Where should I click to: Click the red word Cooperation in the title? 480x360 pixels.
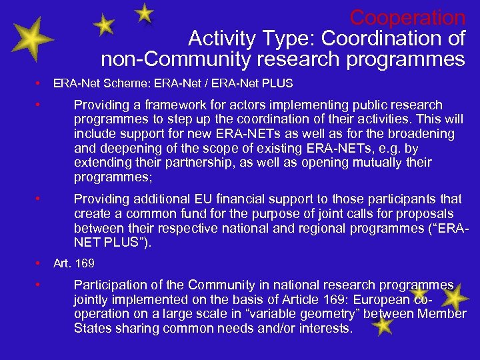pos(407,17)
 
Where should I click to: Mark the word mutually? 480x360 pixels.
pos(370,163)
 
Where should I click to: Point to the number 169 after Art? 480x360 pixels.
pos(85,263)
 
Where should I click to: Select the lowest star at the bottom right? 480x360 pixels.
pos(382,325)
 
